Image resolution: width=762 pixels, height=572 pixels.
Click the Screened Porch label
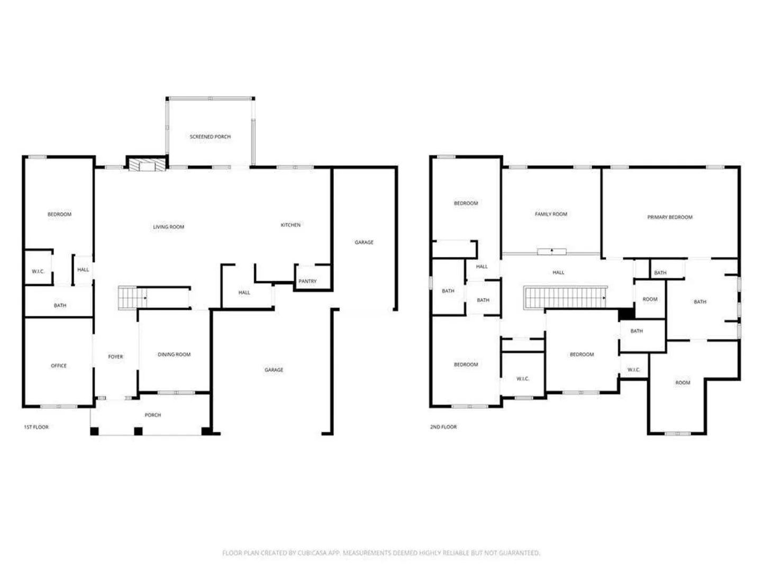(x=210, y=137)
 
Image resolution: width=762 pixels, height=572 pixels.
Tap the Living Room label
(x=168, y=227)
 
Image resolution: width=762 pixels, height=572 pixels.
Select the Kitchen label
(x=291, y=225)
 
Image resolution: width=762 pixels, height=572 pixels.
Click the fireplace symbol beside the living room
(x=147, y=165)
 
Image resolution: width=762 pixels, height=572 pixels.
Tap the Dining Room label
(x=174, y=354)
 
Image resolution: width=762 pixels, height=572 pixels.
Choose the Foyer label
(x=115, y=356)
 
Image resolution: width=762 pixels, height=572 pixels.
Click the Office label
(x=59, y=365)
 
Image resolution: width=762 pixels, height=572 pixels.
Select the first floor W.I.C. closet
(x=38, y=267)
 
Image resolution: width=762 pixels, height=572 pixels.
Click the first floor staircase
(x=132, y=298)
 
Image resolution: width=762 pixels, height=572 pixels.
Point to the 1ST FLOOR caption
(x=36, y=427)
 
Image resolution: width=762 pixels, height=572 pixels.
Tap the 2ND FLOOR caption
(x=443, y=427)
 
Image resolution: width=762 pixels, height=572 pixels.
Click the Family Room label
(x=551, y=214)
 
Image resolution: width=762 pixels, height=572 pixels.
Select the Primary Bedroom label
(x=669, y=217)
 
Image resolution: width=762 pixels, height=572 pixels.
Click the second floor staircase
(x=565, y=298)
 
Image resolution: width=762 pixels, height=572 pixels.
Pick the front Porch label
(x=153, y=415)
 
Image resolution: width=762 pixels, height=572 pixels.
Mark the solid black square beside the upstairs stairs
(x=627, y=314)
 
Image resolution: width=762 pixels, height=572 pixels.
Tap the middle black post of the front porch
(x=138, y=431)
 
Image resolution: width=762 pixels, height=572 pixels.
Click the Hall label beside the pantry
(x=244, y=292)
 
